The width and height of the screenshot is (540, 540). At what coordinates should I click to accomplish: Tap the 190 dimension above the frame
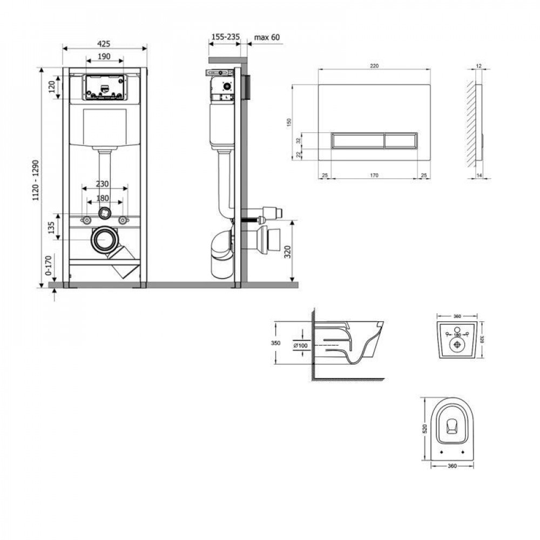point(104,56)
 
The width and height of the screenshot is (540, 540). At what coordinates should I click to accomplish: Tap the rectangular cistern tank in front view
point(104,127)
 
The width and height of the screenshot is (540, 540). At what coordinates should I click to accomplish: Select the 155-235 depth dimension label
point(225,37)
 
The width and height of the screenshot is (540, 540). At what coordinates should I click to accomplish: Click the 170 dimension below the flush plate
point(374,175)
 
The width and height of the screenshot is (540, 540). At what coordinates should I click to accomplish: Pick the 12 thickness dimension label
point(478,65)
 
